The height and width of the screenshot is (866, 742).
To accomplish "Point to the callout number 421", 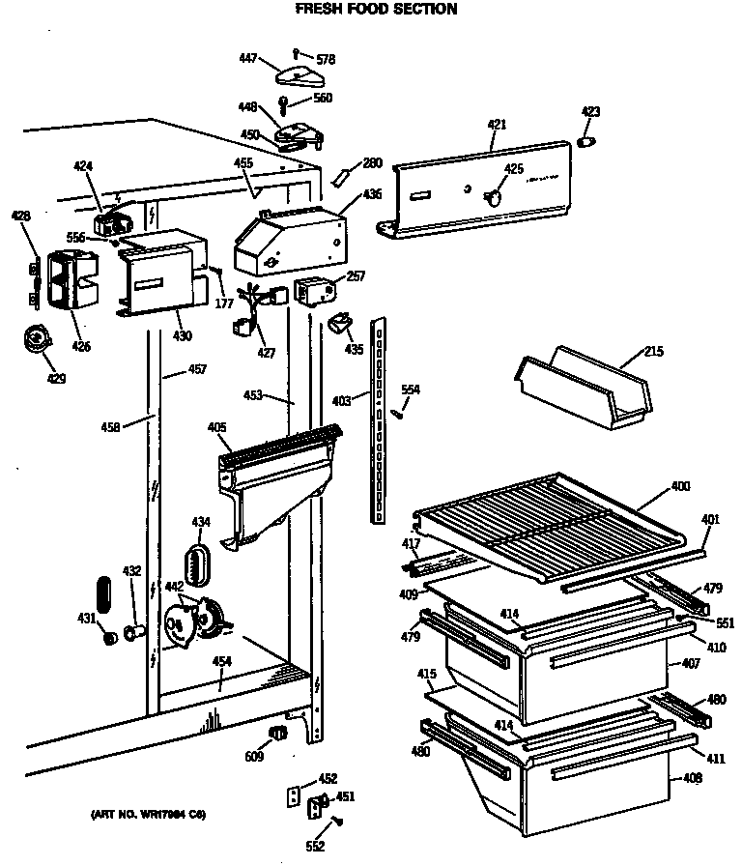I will click(497, 125).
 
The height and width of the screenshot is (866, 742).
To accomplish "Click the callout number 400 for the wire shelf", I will click(680, 486).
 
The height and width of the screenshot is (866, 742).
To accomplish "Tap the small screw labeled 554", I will click(396, 413).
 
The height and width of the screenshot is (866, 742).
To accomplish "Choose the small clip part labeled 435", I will click(340, 323).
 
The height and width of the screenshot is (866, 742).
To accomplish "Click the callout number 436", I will click(372, 194).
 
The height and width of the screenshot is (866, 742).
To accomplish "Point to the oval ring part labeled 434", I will click(198, 563).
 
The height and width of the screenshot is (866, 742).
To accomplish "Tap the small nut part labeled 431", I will click(109, 637).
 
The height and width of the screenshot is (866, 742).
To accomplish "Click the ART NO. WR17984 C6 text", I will click(148, 814).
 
